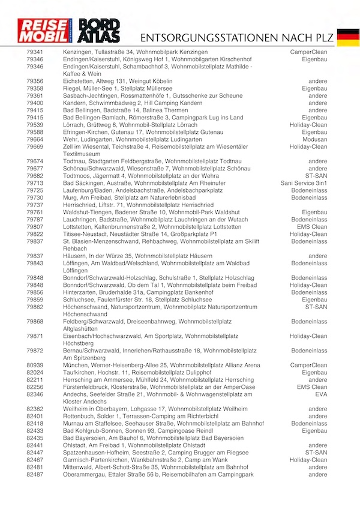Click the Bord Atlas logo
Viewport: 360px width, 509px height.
[x=100, y=31]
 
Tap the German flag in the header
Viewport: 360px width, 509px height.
[x=347, y=37]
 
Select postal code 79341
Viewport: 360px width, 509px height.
[x=35, y=53]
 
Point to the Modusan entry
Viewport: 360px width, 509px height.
[x=314, y=139]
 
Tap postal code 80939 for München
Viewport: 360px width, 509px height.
[x=35, y=365]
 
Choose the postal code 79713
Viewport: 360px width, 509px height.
[x=35, y=183]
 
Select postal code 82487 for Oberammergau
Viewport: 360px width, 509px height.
[x=35, y=475]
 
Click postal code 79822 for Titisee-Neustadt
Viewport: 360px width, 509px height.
[x=35, y=234]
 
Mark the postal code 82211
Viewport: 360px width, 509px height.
[x=35, y=380]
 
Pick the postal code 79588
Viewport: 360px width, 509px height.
[x=35, y=132]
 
